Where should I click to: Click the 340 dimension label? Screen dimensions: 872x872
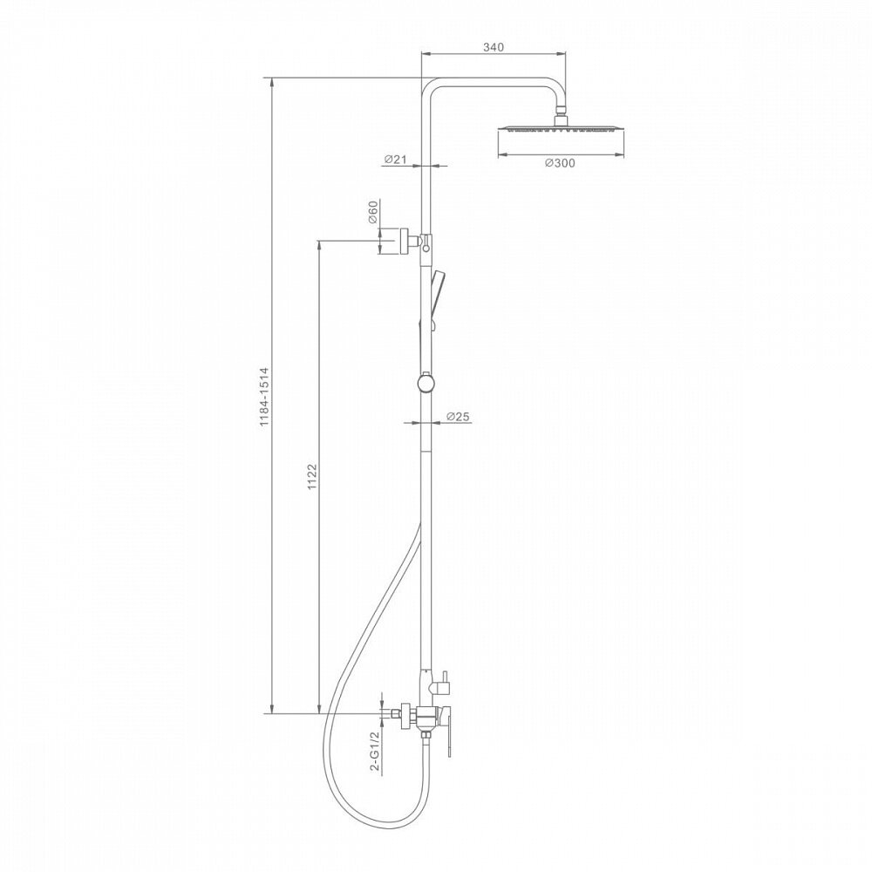click(x=493, y=47)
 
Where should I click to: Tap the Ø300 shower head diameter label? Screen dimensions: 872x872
click(x=560, y=163)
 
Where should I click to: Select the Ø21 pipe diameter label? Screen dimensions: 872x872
click(x=395, y=160)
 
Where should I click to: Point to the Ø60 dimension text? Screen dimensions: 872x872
click(x=372, y=211)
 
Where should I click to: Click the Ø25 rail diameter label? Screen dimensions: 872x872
click(x=459, y=416)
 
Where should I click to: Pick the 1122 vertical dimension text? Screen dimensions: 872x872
click(x=312, y=476)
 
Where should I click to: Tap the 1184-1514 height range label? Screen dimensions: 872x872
click(x=264, y=397)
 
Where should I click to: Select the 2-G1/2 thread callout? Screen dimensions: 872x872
click(x=375, y=752)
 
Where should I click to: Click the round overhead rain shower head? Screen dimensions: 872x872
click(x=561, y=128)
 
